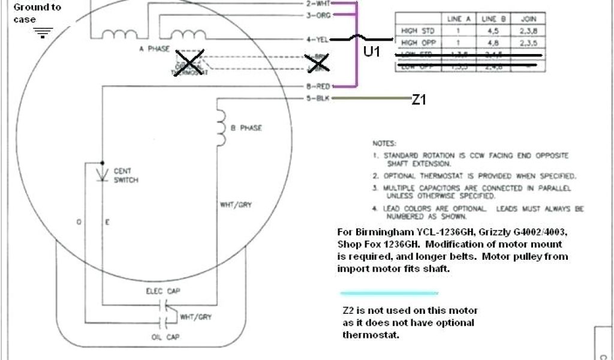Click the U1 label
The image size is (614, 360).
pyautogui.click(x=372, y=52)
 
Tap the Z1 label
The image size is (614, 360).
pyautogui.click(x=419, y=100)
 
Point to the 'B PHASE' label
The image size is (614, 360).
pyautogui.click(x=246, y=128)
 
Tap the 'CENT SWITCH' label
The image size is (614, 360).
pyautogui.click(x=126, y=175)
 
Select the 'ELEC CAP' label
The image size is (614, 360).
pyautogui.click(x=159, y=291)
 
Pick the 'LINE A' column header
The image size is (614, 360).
pyautogui.click(x=459, y=19)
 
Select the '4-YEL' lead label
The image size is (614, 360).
pyautogui.click(x=317, y=40)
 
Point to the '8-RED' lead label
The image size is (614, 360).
pyautogui.click(x=317, y=86)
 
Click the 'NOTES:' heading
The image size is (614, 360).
pyautogui.click(x=384, y=143)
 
